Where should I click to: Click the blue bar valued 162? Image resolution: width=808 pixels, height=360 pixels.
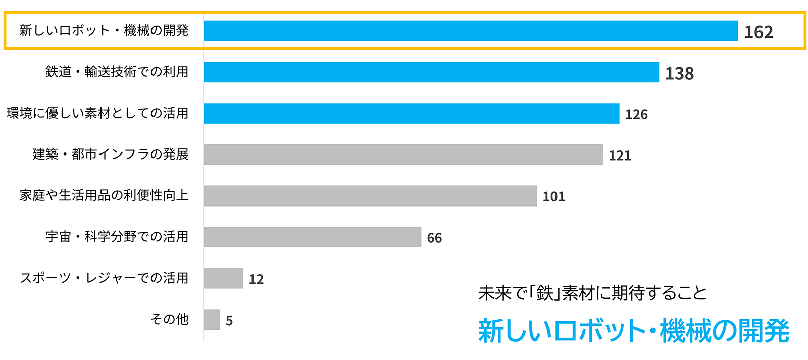[x=471, y=31]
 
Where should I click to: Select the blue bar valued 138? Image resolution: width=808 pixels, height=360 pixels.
[x=431, y=72]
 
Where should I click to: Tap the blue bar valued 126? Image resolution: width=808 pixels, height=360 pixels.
[x=412, y=114]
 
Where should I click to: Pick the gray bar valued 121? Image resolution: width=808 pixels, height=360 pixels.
[x=403, y=155]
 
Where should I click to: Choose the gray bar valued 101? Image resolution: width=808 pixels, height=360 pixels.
[x=370, y=196]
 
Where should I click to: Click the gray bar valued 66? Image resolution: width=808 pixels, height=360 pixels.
[x=312, y=237]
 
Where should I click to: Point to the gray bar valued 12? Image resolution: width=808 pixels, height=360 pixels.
[x=223, y=278]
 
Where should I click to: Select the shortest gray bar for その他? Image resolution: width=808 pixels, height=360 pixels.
[x=212, y=320]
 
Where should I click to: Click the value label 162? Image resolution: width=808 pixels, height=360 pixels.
[x=759, y=32]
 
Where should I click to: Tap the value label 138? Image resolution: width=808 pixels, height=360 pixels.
[x=679, y=74]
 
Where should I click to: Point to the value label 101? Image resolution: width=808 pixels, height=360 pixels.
[x=553, y=197]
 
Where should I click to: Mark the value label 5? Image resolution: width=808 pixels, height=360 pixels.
[x=229, y=321]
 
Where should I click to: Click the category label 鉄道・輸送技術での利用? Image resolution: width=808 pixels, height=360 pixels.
[x=117, y=72]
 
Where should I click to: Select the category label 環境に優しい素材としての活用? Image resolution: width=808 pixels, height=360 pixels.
[x=97, y=113]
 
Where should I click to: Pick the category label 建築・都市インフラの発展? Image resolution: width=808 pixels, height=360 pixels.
[x=111, y=154]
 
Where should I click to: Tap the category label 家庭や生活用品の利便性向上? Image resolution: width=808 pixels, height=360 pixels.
[x=104, y=195]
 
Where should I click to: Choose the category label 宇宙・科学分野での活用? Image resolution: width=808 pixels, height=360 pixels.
[x=117, y=236]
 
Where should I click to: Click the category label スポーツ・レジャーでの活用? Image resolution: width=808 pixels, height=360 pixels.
[x=104, y=278]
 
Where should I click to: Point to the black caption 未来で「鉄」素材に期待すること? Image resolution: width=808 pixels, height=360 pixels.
[x=592, y=293]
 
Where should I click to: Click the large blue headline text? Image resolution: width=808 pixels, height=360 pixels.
[x=633, y=331]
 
